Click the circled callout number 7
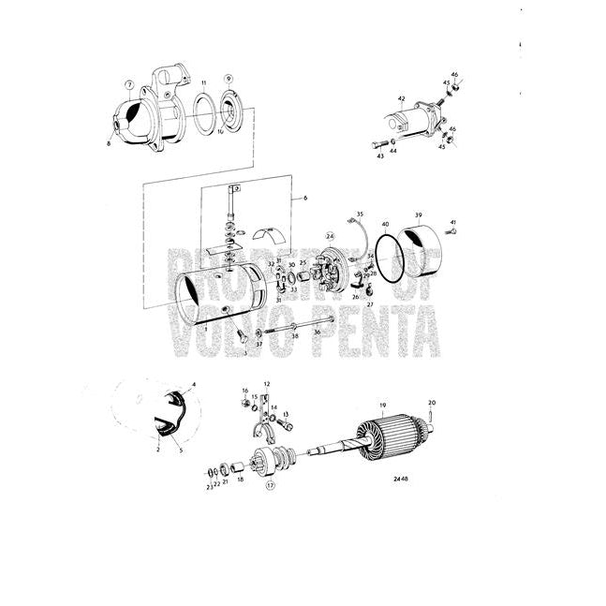click(x=129, y=84)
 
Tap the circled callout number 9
click(x=228, y=78)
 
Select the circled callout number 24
click(x=330, y=236)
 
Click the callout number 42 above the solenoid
click(x=401, y=98)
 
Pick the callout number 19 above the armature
click(x=382, y=406)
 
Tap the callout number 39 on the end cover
click(x=419, y=214)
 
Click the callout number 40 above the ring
click(x=386, y=225)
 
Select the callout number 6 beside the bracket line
click(x=304, y=200)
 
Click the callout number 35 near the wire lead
click(x=360, y=214)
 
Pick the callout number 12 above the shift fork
click(x=266, y=384)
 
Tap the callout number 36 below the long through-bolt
click(x=318, y=333)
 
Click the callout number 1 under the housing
click(x=207, y=329)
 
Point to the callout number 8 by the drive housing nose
click(x=109, y=142)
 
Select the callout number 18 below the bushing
click(x=241, y=479)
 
